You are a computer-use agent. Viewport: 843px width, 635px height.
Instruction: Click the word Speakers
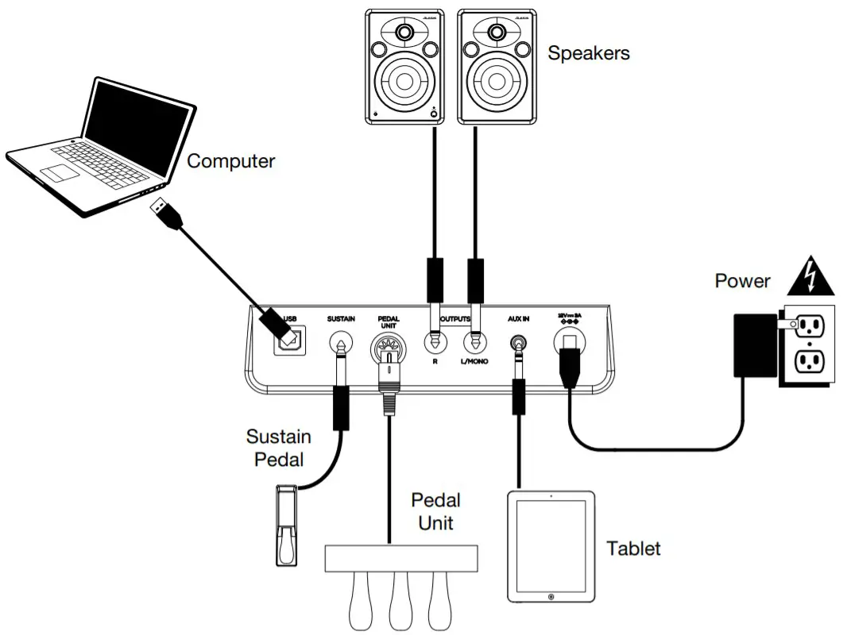coord(589,53)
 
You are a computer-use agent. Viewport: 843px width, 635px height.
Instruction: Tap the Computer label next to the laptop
coord(230,161)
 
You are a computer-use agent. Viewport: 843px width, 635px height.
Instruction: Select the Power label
coord(742,280)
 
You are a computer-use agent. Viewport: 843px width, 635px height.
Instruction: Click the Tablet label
coord(633,548)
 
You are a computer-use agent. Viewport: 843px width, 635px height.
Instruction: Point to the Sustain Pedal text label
coord(278,448)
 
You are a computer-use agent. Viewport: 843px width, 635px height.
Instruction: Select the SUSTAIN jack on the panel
coord(341,344)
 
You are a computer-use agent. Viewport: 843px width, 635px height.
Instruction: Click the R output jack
coord(435,343)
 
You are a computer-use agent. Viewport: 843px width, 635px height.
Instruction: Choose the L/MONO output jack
coord(477,343)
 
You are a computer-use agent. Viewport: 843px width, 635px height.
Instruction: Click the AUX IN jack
coord(519,343)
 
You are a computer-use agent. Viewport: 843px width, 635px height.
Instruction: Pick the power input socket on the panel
coord(569,343)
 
